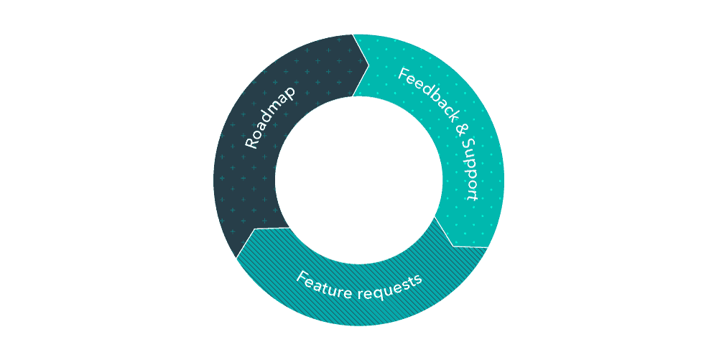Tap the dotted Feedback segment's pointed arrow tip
tap(453, 246)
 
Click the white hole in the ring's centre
tap(358, 180)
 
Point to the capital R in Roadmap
tap(250, 142)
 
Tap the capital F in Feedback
tap(404, 73)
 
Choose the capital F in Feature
tap(302, 275)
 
